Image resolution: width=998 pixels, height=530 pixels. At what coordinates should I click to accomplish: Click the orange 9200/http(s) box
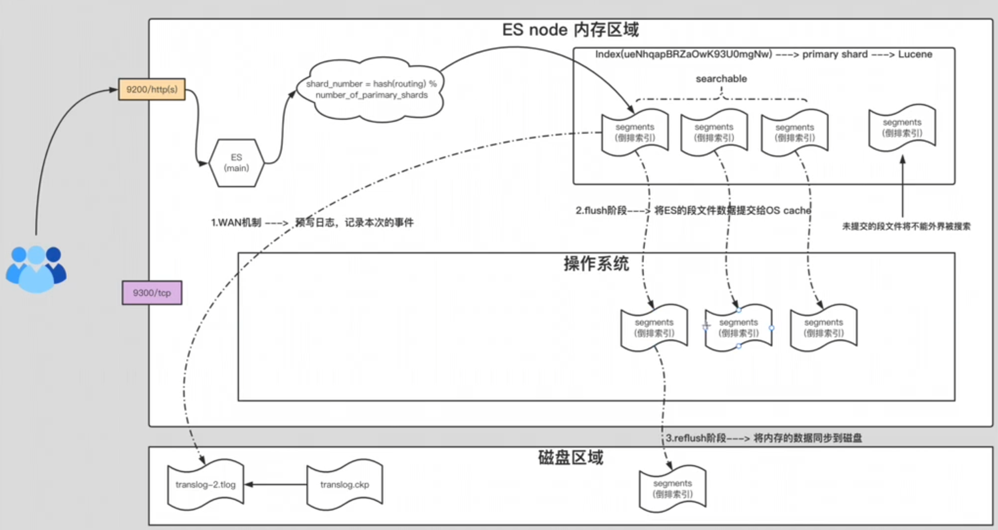click(152, 90)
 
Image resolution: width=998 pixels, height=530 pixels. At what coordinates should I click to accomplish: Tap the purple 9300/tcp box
click(152, 293)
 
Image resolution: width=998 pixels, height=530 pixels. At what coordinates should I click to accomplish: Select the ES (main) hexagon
click(237, 163)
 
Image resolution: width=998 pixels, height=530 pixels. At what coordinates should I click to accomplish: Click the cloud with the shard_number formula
click(371, 90)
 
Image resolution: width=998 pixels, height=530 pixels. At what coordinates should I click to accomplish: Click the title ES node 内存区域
click(570, 30)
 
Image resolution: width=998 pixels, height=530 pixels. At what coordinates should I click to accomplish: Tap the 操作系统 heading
click(596, 264)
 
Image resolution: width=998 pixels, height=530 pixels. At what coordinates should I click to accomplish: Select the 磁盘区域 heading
click(570, 458)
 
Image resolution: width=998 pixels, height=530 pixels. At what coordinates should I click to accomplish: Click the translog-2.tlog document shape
click(205, 484)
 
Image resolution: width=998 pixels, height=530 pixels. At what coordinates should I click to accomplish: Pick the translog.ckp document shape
click(344, 484)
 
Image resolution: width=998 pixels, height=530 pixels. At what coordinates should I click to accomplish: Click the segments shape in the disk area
click(672, 488)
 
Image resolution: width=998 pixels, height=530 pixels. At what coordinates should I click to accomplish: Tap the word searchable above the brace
click(721, 79)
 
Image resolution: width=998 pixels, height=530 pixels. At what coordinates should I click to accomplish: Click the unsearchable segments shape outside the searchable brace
click(902, 128)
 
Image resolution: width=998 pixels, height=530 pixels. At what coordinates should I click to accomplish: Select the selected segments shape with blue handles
click(738, 328)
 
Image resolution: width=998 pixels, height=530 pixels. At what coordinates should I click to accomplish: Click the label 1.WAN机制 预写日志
click(312, 223)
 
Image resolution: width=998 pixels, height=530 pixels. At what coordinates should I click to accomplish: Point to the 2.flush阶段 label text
click(693, 211)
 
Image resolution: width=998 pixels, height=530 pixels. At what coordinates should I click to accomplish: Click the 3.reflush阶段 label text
click(763, 438)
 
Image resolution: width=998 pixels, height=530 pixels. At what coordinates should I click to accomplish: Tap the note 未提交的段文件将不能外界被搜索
click(906, 227)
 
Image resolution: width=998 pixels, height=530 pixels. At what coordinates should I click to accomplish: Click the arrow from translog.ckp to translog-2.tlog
click(276, 484)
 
